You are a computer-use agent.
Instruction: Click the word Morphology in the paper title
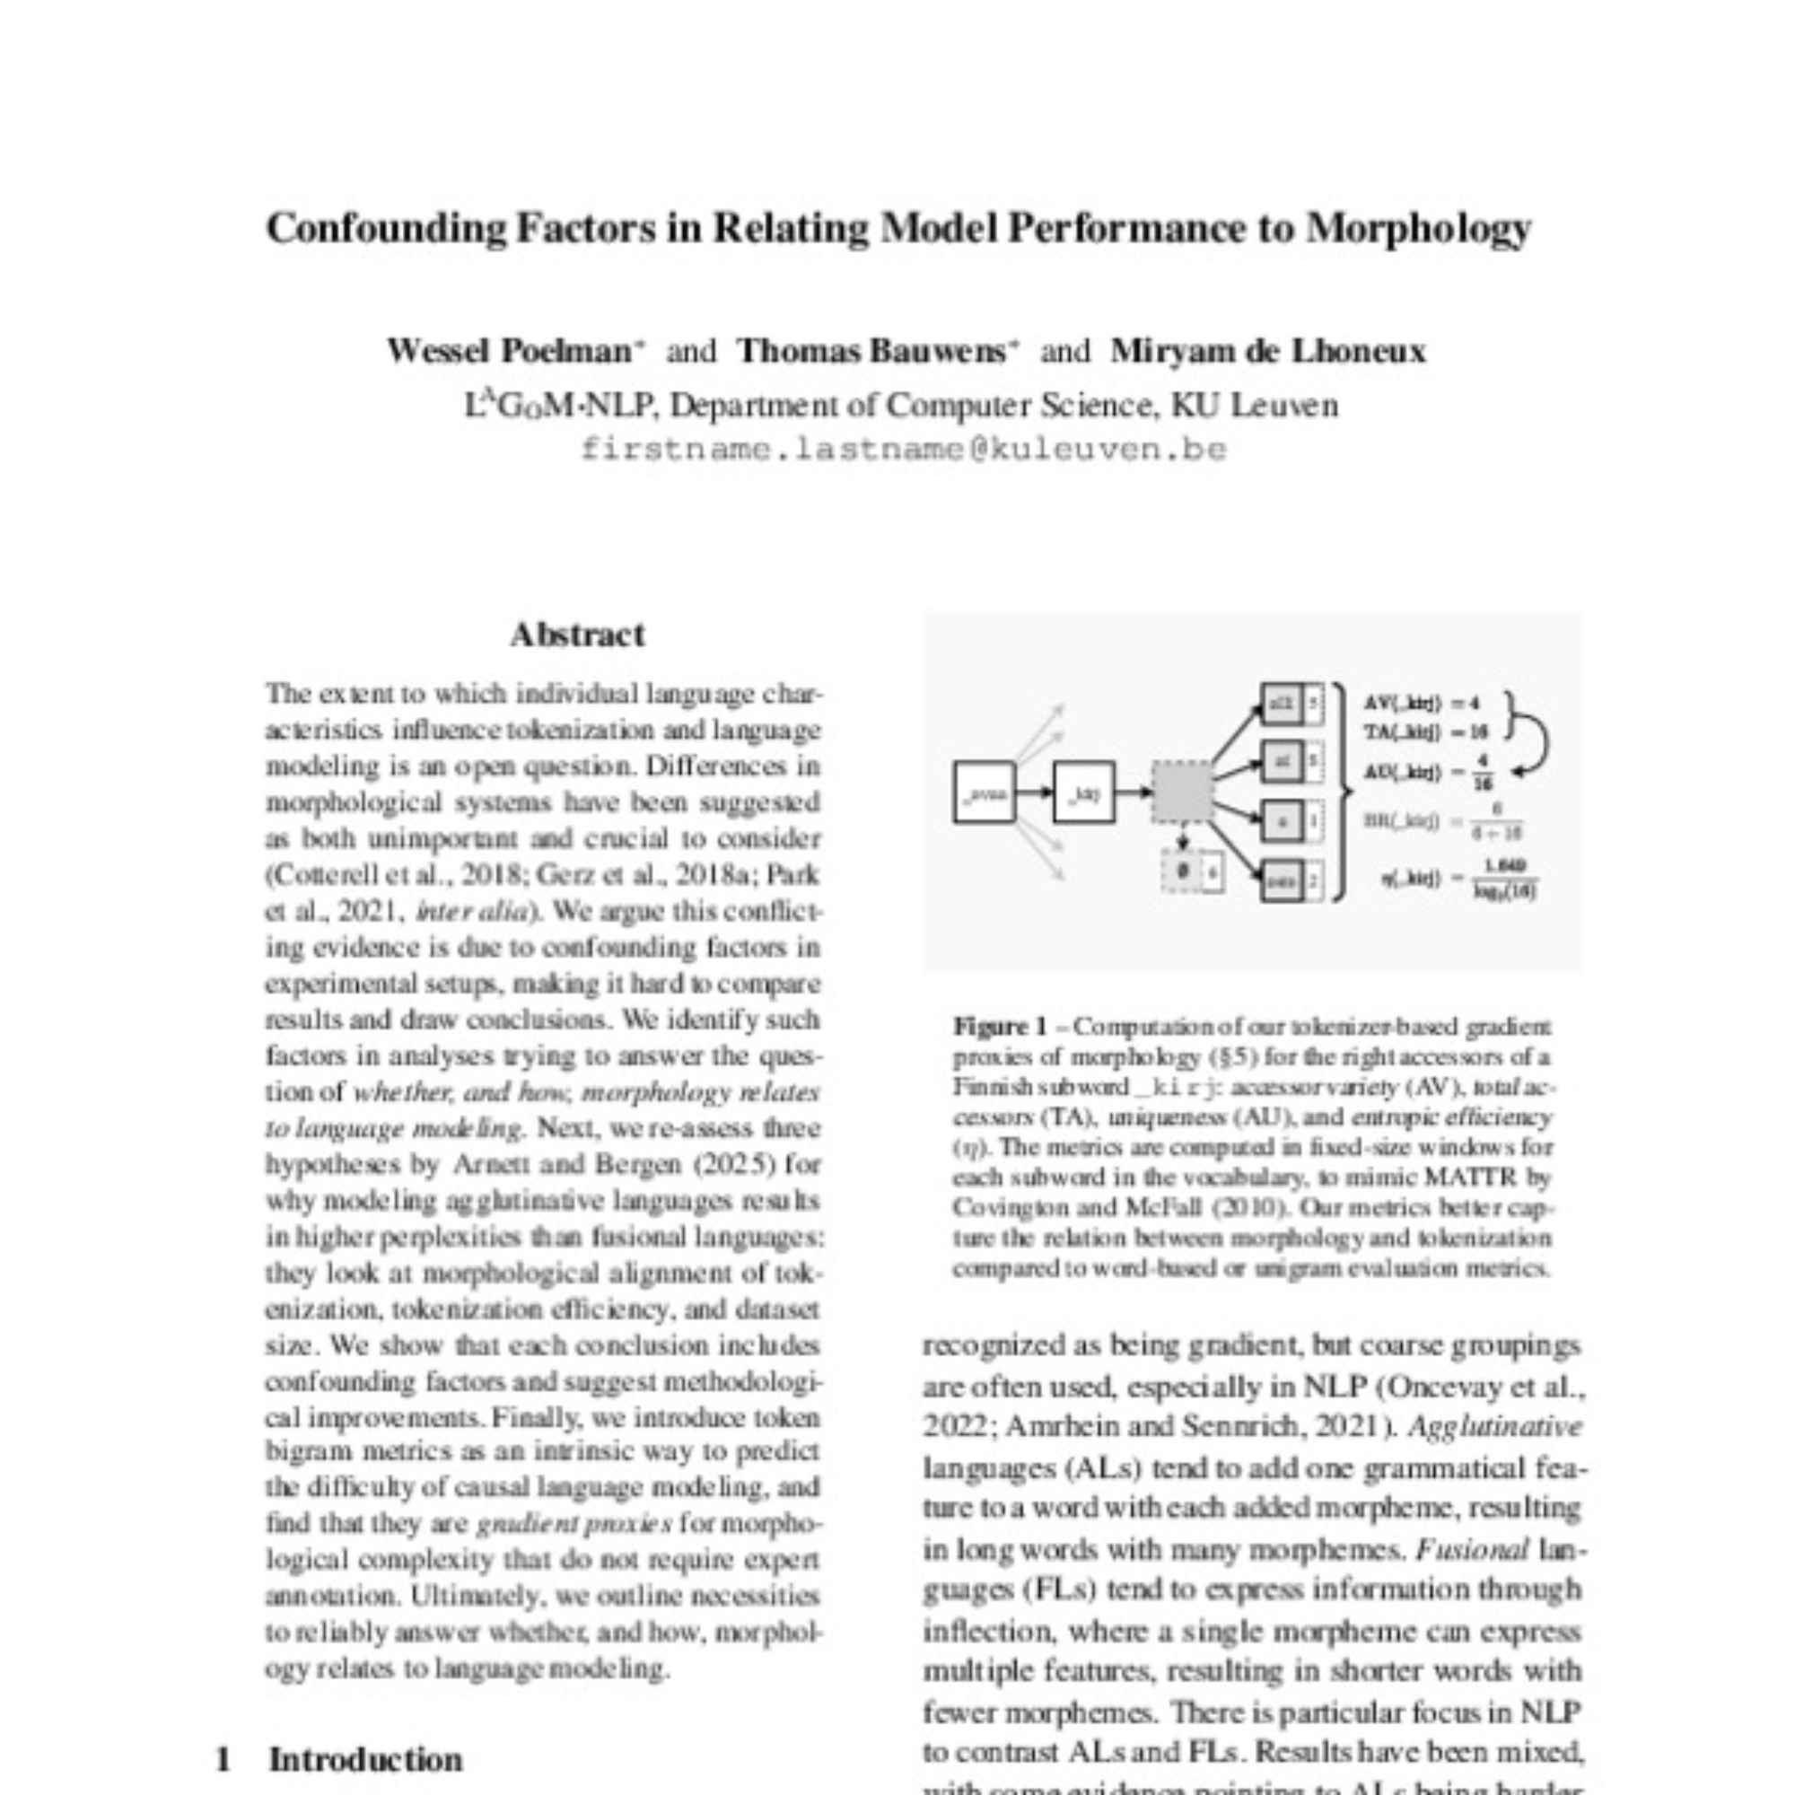click(1418, 229)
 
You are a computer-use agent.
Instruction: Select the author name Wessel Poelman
click(509, 351)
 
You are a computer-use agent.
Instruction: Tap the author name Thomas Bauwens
click(871, 351)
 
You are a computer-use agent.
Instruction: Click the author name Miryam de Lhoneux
click(1267, 351)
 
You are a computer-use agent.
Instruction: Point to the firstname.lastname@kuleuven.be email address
click(903, 450)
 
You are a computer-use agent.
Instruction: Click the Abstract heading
click(577, 635)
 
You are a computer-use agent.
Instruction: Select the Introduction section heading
click(365, 1760)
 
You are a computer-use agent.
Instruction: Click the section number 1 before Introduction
click(223, 1760)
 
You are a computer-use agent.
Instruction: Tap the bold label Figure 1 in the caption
click(999, 1027)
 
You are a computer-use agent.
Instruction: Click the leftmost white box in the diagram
click(984, 792)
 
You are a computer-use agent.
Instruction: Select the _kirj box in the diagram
click(1083, 792)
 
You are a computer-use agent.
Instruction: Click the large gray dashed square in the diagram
click(1182, 792)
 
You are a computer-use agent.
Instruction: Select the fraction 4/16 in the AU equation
click(1484, 772)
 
